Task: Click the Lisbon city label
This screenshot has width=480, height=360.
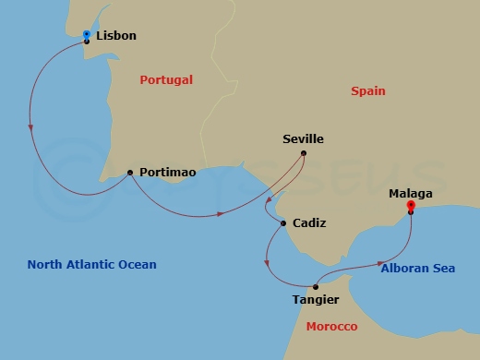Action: tap(116, 36)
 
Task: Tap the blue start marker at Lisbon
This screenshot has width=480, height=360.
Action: tap(86, 35)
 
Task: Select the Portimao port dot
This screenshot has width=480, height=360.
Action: tap(129, 172)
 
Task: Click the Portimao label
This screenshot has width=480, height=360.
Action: tap(168, 173)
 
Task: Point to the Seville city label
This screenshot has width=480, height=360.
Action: tap(303, 139)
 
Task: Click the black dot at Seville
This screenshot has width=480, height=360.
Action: tap(305, 154)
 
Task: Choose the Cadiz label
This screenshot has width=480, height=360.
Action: tap(309, 223)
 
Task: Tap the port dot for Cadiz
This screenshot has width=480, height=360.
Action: tap(282, 222)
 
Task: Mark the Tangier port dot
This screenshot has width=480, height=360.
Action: tap(316, 286)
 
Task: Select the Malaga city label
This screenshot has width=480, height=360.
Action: tap(410, 194)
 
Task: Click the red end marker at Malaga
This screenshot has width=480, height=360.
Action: tap(410, 206)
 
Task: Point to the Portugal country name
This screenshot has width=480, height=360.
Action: tap(166, 80)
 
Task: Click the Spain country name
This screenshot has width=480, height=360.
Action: tap(367, 91)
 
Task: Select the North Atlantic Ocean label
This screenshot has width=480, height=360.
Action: tap(91, 265)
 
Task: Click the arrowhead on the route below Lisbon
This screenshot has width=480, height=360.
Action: tap(31, 127)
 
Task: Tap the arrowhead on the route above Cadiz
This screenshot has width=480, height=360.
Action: tap(267, 202)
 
